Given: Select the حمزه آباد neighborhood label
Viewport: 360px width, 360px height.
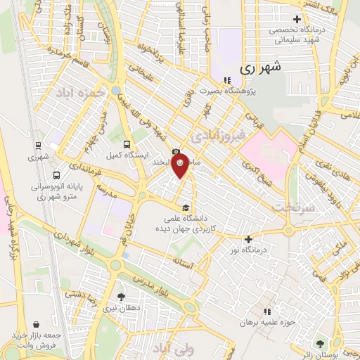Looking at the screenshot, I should click(x=82, y=92).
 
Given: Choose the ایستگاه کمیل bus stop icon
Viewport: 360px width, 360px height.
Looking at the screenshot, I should click(x=127, y=144).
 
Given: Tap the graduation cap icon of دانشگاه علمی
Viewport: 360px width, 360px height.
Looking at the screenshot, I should click(x=185, y=207).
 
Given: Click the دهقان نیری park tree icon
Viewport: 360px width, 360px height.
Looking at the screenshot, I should click(x=121, y=297).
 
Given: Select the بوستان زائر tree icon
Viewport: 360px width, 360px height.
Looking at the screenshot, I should click(x=321, y=344).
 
